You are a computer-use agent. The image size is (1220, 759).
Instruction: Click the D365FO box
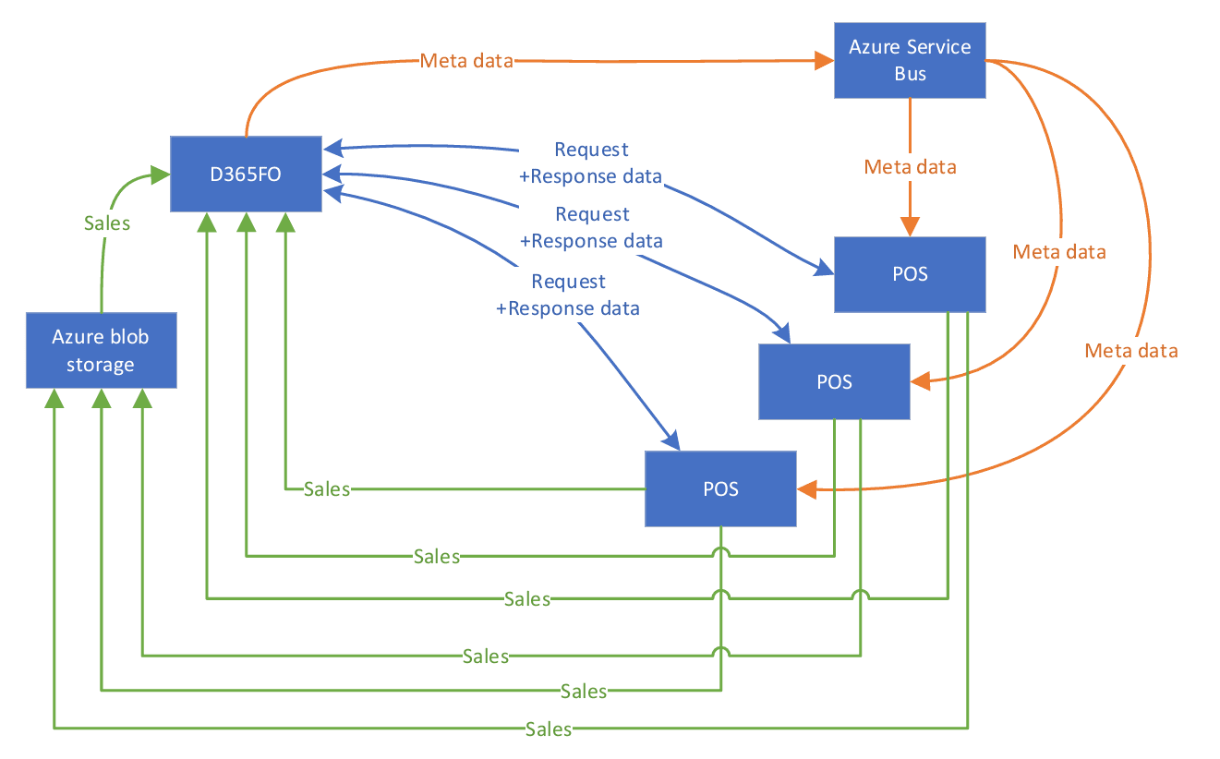246,174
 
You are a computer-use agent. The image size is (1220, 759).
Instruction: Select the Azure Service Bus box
910,60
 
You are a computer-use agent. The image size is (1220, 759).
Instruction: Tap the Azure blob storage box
100,350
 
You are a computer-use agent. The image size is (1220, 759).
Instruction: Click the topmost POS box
910,274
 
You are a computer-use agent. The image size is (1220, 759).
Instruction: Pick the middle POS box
834,381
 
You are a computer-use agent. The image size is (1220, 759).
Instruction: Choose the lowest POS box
720,488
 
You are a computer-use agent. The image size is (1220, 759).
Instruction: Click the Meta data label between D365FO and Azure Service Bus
466,61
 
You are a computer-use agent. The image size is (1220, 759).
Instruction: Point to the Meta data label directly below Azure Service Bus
910,167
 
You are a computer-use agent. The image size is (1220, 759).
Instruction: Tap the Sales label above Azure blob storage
107,223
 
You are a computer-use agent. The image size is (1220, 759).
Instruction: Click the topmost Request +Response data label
591,163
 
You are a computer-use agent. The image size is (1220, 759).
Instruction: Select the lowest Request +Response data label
568,294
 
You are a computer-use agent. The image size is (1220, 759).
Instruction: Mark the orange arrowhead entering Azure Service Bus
825,62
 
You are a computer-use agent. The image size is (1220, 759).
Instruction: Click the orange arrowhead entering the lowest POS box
806,491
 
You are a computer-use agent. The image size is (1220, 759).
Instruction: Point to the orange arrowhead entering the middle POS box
919,379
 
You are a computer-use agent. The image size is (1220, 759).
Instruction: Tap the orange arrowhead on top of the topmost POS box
910,227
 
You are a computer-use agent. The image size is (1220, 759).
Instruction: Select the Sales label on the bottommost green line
549,729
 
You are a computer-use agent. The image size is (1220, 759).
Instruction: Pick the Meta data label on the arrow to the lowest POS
1131,351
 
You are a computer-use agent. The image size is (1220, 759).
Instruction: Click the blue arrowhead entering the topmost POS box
825,271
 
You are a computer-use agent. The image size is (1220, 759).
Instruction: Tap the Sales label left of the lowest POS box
327,489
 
